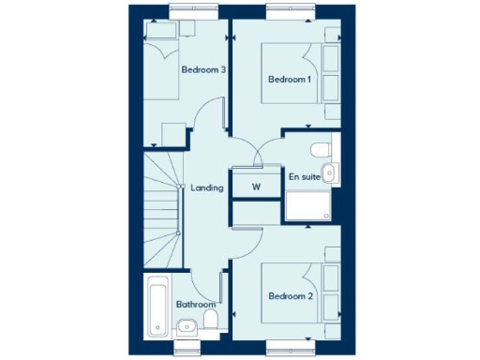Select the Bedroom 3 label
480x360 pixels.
click(202, 69)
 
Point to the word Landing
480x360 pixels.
click(206, 187)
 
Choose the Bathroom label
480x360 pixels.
click(196, 304)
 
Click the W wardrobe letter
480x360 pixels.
click(255, 187)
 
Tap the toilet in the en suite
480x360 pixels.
click(320, 148)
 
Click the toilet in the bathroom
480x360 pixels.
click(210, 322)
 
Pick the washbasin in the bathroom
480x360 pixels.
click(185, 327)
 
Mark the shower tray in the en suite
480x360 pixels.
click(307, 207)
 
